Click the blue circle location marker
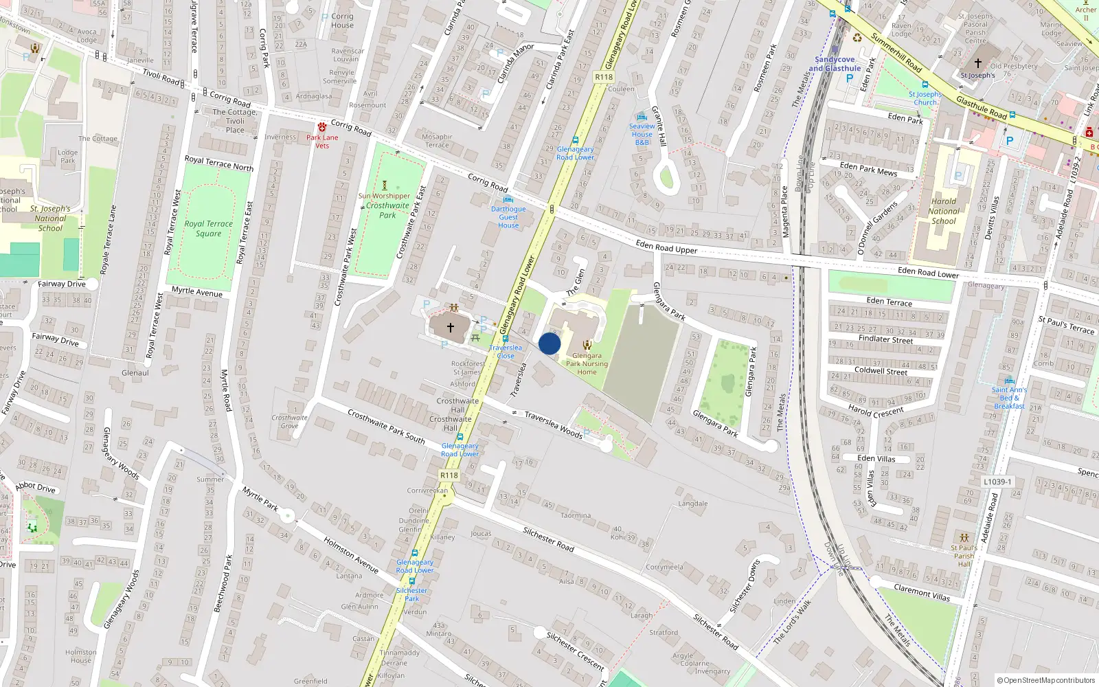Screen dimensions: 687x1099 (x=549, y=343)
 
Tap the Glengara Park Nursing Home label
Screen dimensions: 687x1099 (x=587, y=363)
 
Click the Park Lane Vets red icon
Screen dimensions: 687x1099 (x=322, y=128)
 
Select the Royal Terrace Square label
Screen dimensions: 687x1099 (x=208, y=228)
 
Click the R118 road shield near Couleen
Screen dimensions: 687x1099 (x=604, y=77)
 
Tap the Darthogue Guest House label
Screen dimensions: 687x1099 (x=508, y=217)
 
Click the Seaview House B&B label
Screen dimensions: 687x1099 (x=642, y=134)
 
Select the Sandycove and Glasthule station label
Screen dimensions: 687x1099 (x=835, y=64)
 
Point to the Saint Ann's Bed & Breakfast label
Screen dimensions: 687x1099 (x=1009, y=398)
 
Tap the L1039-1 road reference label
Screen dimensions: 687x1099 (x=997, y=482)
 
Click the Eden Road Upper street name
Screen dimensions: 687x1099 (x=666, y=247)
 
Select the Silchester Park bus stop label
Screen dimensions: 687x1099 (x=411, y=594)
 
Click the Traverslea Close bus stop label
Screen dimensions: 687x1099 (x=506, y=352)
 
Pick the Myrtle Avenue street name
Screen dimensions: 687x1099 (x=197, y=291)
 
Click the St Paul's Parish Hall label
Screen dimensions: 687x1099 (x=964, y=556)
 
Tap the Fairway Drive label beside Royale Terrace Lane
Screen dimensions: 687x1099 (x=62, y=284)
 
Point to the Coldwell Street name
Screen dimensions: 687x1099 (x=881, y=371)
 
